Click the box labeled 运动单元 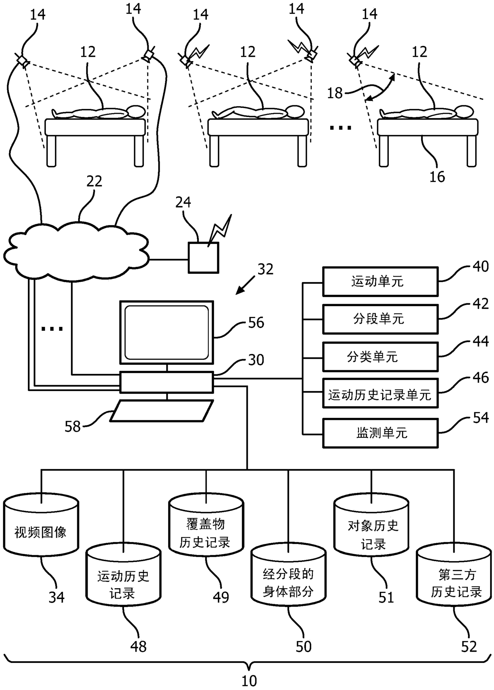[380, 282]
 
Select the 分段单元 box [380, 319]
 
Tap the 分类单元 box [380, 357]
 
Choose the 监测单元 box [380, 433]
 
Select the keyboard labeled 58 [161, 411]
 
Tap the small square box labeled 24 [203, 258]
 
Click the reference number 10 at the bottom [249, 680]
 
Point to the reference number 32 [265, 269]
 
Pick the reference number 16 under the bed [437, 177]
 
